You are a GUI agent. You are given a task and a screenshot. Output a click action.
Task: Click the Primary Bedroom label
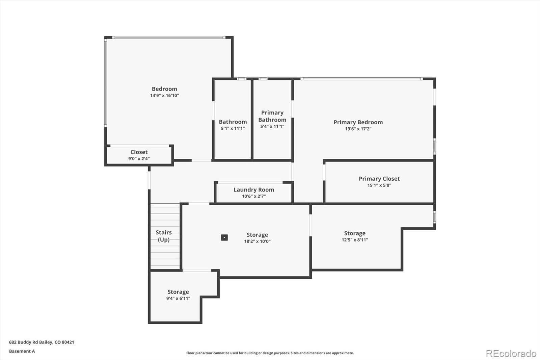(x=358, y=122)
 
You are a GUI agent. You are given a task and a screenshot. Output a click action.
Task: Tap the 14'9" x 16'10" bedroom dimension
(x=164, y=96)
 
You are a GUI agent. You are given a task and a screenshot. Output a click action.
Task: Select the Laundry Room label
(x=254, y=190)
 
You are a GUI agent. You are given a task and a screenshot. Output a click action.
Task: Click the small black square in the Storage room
(x=224, y=237)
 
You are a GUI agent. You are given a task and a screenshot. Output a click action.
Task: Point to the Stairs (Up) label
(x=164, y=236)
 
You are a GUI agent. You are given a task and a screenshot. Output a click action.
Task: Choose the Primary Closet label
(x=379, y=179)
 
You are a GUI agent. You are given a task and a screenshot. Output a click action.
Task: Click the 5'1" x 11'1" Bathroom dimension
(x=233, y=128)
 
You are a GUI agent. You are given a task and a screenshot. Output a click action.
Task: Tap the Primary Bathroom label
(x=272, y=116)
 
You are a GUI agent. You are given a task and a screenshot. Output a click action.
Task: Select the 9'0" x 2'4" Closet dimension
(x=139, y=159)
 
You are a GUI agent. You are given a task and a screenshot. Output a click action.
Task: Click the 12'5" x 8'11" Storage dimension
(x=355, y=240)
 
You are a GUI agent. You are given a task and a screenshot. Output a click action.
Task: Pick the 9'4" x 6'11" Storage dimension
(x=178, y=299)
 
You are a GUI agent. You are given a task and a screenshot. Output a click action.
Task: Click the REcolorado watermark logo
(x=511, y=354)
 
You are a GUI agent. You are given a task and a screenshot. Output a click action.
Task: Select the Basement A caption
(x=22, y=351)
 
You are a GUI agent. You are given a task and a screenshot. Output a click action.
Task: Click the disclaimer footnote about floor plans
(x=270, y=353)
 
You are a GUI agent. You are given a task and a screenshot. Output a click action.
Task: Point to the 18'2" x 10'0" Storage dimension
(x=257, y=241)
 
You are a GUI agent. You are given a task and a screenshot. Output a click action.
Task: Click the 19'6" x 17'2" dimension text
(x=358, y=129)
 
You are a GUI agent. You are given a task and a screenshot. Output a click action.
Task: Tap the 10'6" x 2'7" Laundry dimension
(x=254, y=196)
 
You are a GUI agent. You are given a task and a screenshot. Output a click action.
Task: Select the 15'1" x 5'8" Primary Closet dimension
(x=379, y=185)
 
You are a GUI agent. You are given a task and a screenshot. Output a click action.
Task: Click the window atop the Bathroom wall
(x=241, y=79)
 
